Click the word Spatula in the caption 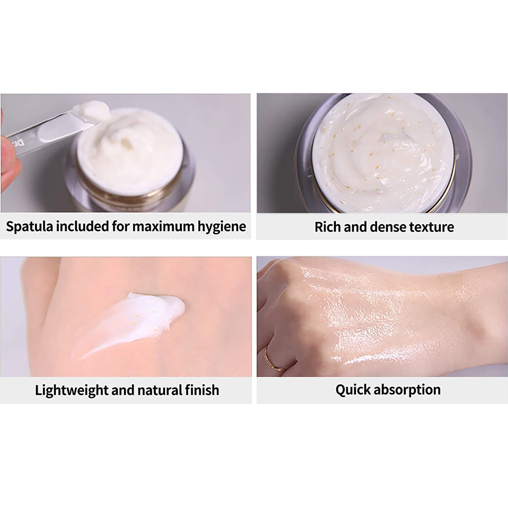pyautogui.click(x=29, y=227)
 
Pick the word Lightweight pyautogui.click(x=72, y=390)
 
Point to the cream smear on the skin pyautogui.click(x=128, y=324)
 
